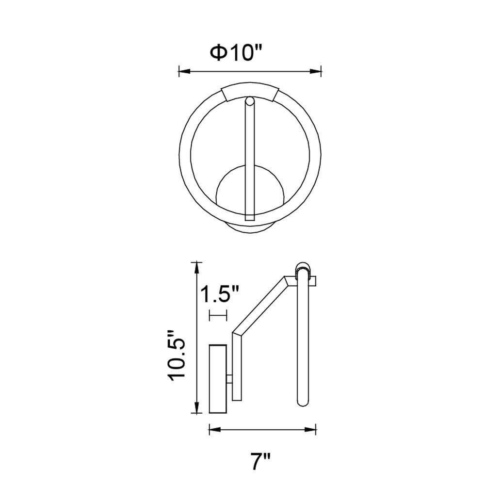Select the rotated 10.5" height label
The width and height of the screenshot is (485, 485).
(177, 355)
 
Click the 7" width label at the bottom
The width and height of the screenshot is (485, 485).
(261, 461)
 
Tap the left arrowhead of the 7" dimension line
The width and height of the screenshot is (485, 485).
(215, 429)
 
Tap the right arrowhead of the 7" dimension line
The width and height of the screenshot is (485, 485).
(310, 429)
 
